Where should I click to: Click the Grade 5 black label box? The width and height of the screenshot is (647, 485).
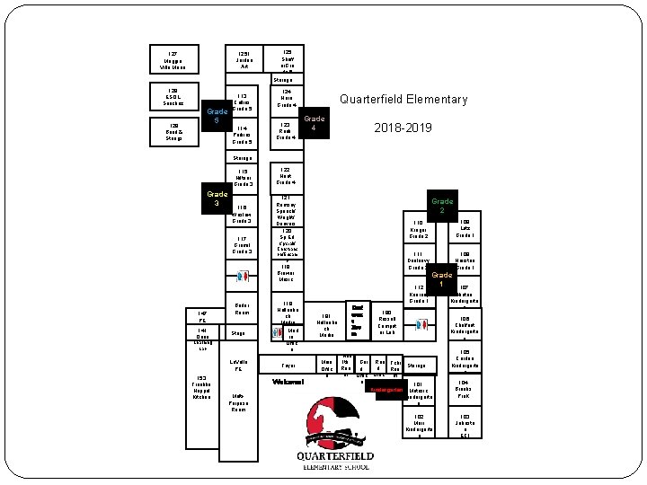[x=217, y=116]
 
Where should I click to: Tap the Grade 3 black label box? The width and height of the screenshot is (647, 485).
[x=217, y=198]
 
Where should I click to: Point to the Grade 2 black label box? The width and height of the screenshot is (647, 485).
[x=442, y=205]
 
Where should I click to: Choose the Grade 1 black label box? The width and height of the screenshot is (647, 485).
[x=442, y=278]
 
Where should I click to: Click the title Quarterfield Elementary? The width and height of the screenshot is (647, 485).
[x=403, y=100]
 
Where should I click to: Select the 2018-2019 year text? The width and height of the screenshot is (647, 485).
[x=403, y=128]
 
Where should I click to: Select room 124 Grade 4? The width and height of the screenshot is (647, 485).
[x=287, y=98]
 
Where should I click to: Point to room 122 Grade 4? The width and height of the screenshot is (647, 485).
[x=287, y=175]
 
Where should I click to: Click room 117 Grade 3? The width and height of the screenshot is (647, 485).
[x=241, y=244]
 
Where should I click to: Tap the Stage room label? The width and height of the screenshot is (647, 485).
[x=239, y=333]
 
